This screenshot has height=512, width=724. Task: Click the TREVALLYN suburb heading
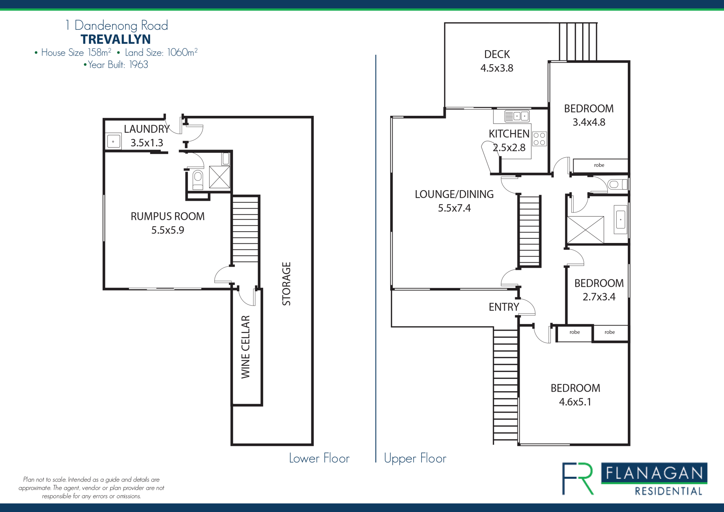(x=115, y=39)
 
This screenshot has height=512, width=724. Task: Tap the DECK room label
(x=497, y=54)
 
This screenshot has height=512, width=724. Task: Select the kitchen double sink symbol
(x=517, y=116)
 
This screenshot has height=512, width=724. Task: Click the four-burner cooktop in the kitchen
(x=539, y=138)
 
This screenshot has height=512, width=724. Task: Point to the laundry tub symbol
(x=114, y=141)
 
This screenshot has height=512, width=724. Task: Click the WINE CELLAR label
(x=245, y=347)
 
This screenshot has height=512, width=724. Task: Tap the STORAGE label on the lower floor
(x=287, y=284)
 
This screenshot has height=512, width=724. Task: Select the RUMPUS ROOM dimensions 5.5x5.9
(x=168, y=230)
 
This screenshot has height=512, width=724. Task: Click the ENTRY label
(x=504, y=307)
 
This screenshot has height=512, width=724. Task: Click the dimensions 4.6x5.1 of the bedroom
(x=575, y=402)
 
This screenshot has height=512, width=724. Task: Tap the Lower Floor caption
(x=319, y=458)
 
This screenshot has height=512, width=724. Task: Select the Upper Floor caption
(x=415, y=458)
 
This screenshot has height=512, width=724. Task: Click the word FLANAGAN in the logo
(x=654, y=473)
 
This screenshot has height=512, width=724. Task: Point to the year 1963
(x=139, y=65)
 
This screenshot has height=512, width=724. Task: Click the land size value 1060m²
(x=183, y=52)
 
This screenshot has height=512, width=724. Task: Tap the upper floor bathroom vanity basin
(x=620, y=220)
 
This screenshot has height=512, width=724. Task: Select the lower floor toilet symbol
(x=198, y=180)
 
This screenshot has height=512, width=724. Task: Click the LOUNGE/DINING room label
(x=454, y=194)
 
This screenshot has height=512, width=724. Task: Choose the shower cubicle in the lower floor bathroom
(x=219, y=177)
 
